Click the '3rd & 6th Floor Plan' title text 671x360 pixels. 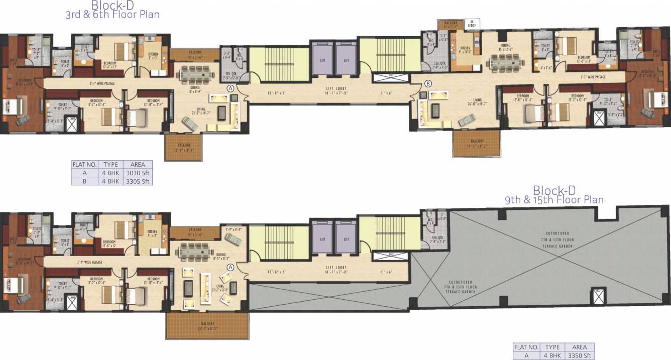113,15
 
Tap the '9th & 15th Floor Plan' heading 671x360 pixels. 554,199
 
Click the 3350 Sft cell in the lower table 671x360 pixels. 579,355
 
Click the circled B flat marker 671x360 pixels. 428,83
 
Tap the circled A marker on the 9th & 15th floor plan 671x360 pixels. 231,267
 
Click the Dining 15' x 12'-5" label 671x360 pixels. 505,47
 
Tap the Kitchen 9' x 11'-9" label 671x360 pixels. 464,50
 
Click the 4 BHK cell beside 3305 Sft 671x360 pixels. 110,181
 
